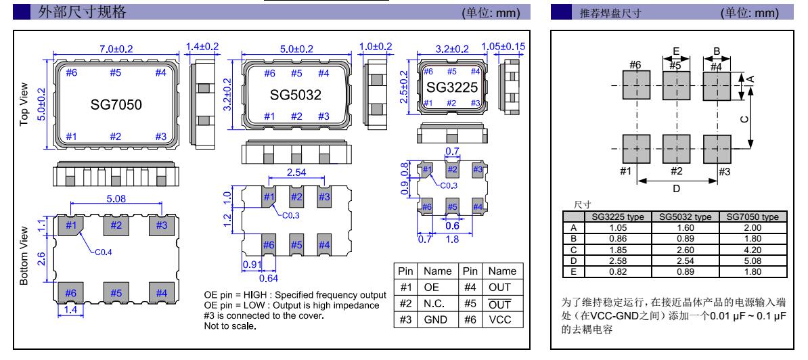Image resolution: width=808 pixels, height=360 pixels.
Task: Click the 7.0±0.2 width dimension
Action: click(116, 49)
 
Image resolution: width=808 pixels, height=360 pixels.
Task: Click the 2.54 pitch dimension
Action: click(296, 174)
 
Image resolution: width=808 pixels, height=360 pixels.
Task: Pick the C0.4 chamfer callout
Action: click(99, 250)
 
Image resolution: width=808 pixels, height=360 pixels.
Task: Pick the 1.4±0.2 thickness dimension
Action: click(202, 46)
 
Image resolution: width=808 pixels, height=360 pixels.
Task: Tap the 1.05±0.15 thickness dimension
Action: click(504, 46)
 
